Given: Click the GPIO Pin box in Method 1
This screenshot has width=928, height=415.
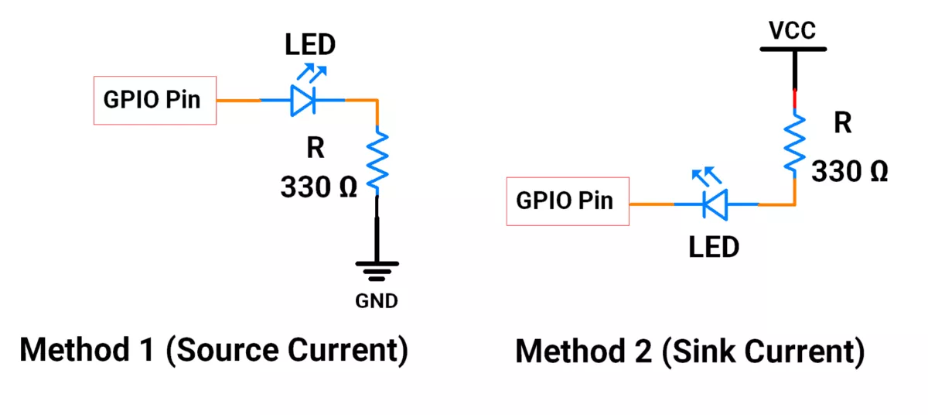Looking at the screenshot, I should (x=155, y=100).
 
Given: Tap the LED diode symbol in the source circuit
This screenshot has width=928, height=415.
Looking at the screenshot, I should (x=302, y=100).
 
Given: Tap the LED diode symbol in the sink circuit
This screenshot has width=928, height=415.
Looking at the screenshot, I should (x=716, y=204).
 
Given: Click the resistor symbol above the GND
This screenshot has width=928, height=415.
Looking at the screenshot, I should (x=377, y=161).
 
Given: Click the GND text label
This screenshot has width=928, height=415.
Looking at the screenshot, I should (x=377, y=301).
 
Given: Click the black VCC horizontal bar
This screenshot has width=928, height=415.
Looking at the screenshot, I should (x=793, y=48).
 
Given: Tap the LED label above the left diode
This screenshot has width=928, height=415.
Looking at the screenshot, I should (x=310, y=44).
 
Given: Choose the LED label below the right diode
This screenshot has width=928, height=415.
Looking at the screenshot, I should (x=714, y=248).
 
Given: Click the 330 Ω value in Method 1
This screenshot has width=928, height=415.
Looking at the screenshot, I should (x=319, y=187).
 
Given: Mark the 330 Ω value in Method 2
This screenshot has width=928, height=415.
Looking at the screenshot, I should (x=848, y=171).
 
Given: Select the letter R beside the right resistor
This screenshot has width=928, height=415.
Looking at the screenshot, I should (x=842, y=123).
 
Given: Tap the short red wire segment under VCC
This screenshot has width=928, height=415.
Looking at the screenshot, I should (x=794, y=100).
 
